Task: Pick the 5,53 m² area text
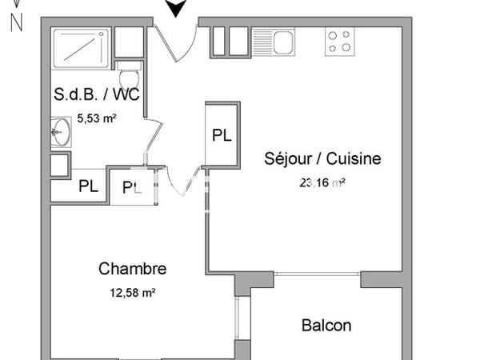point(97,119)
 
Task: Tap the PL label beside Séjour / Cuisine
point(222,135)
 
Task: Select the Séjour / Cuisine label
point(322,158)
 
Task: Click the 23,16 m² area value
point(322,182)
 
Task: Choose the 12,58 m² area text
point(132,293)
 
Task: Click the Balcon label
point(326,326)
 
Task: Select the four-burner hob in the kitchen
point(340,41)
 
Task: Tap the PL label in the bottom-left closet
point(89,187)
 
